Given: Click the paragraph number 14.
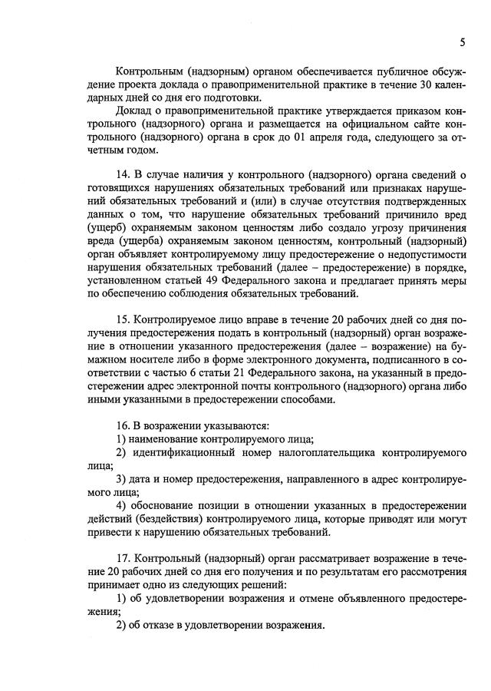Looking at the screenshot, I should coord(122,175).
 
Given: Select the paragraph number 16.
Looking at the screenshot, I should coord(122,425).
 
